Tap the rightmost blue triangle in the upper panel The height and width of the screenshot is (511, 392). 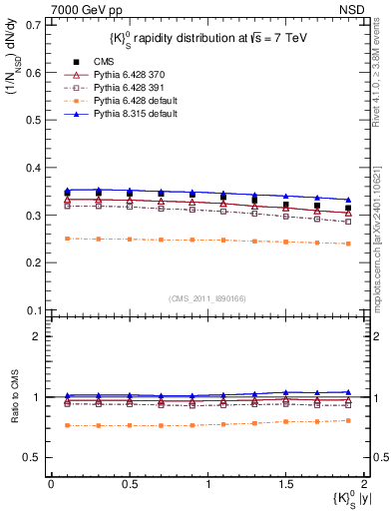tap(348, 200)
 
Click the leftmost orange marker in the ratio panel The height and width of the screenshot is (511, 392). tap(67, 425)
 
